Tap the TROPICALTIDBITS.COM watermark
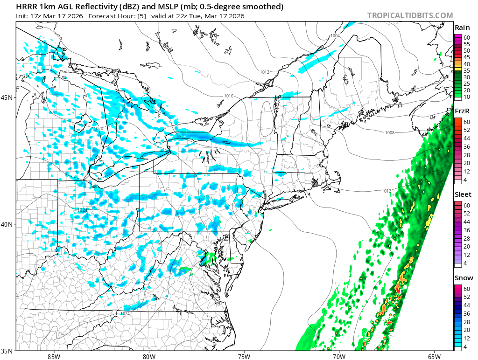(410, 15)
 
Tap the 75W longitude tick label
(244, 356)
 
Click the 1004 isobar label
(335, 36)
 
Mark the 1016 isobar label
(228, 96)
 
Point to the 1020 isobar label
(98, 128)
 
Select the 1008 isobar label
(390, 133)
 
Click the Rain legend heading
(462, 27)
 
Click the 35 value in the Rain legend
(466, 70)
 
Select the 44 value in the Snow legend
(466, 305)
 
